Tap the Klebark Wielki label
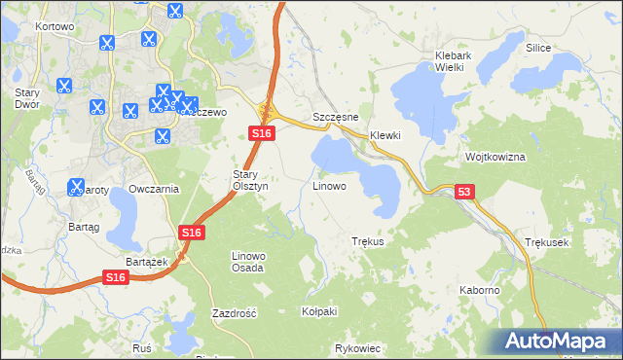point(453,61)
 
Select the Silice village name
point(538,48)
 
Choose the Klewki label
point(385,135)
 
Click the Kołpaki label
point(319,311)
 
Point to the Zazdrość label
point(234,313)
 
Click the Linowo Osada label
point(247,261)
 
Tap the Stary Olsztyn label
point(243,180)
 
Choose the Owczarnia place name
point(154,189)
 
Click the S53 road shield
point(464,194)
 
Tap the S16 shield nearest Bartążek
point(116,278)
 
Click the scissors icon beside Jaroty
point(77,186)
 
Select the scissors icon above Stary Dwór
point(62,85)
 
